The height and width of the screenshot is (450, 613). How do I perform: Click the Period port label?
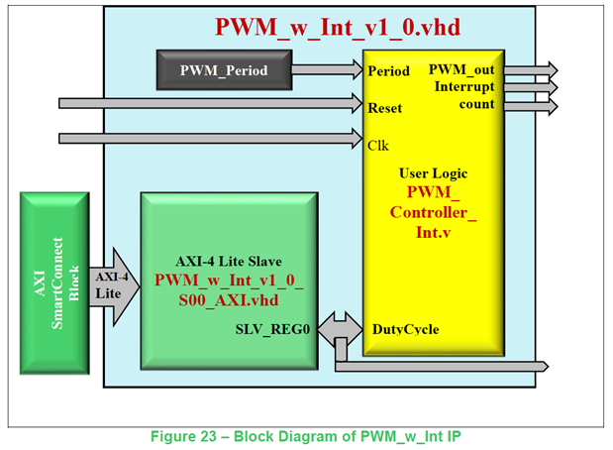387,72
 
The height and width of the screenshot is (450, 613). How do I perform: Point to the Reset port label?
385,107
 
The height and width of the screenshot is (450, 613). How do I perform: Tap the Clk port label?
378,145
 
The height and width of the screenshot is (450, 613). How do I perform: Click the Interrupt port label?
464,87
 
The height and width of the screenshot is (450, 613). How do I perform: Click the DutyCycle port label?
405,329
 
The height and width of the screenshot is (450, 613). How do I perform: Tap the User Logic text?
433,173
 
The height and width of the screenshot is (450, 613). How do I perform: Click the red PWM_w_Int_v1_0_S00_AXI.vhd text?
229,288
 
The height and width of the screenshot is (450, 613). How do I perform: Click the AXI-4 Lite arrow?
113,286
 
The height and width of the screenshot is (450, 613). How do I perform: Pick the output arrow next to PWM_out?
532,70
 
